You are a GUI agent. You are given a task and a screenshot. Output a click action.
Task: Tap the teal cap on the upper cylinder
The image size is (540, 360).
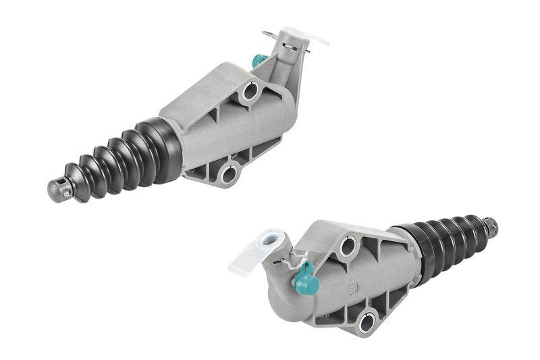click(x=257, y=61)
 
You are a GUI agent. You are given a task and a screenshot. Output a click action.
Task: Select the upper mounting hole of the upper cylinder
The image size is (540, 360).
click(x=250, y=90)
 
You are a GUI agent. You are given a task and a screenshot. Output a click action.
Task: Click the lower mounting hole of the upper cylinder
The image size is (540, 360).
click(x=228, y=174)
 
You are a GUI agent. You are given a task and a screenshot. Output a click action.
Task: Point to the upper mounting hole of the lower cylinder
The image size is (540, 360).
click(x=347, y=247)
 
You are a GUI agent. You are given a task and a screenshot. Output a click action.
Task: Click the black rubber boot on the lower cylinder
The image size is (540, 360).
click(x=446, y=243)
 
